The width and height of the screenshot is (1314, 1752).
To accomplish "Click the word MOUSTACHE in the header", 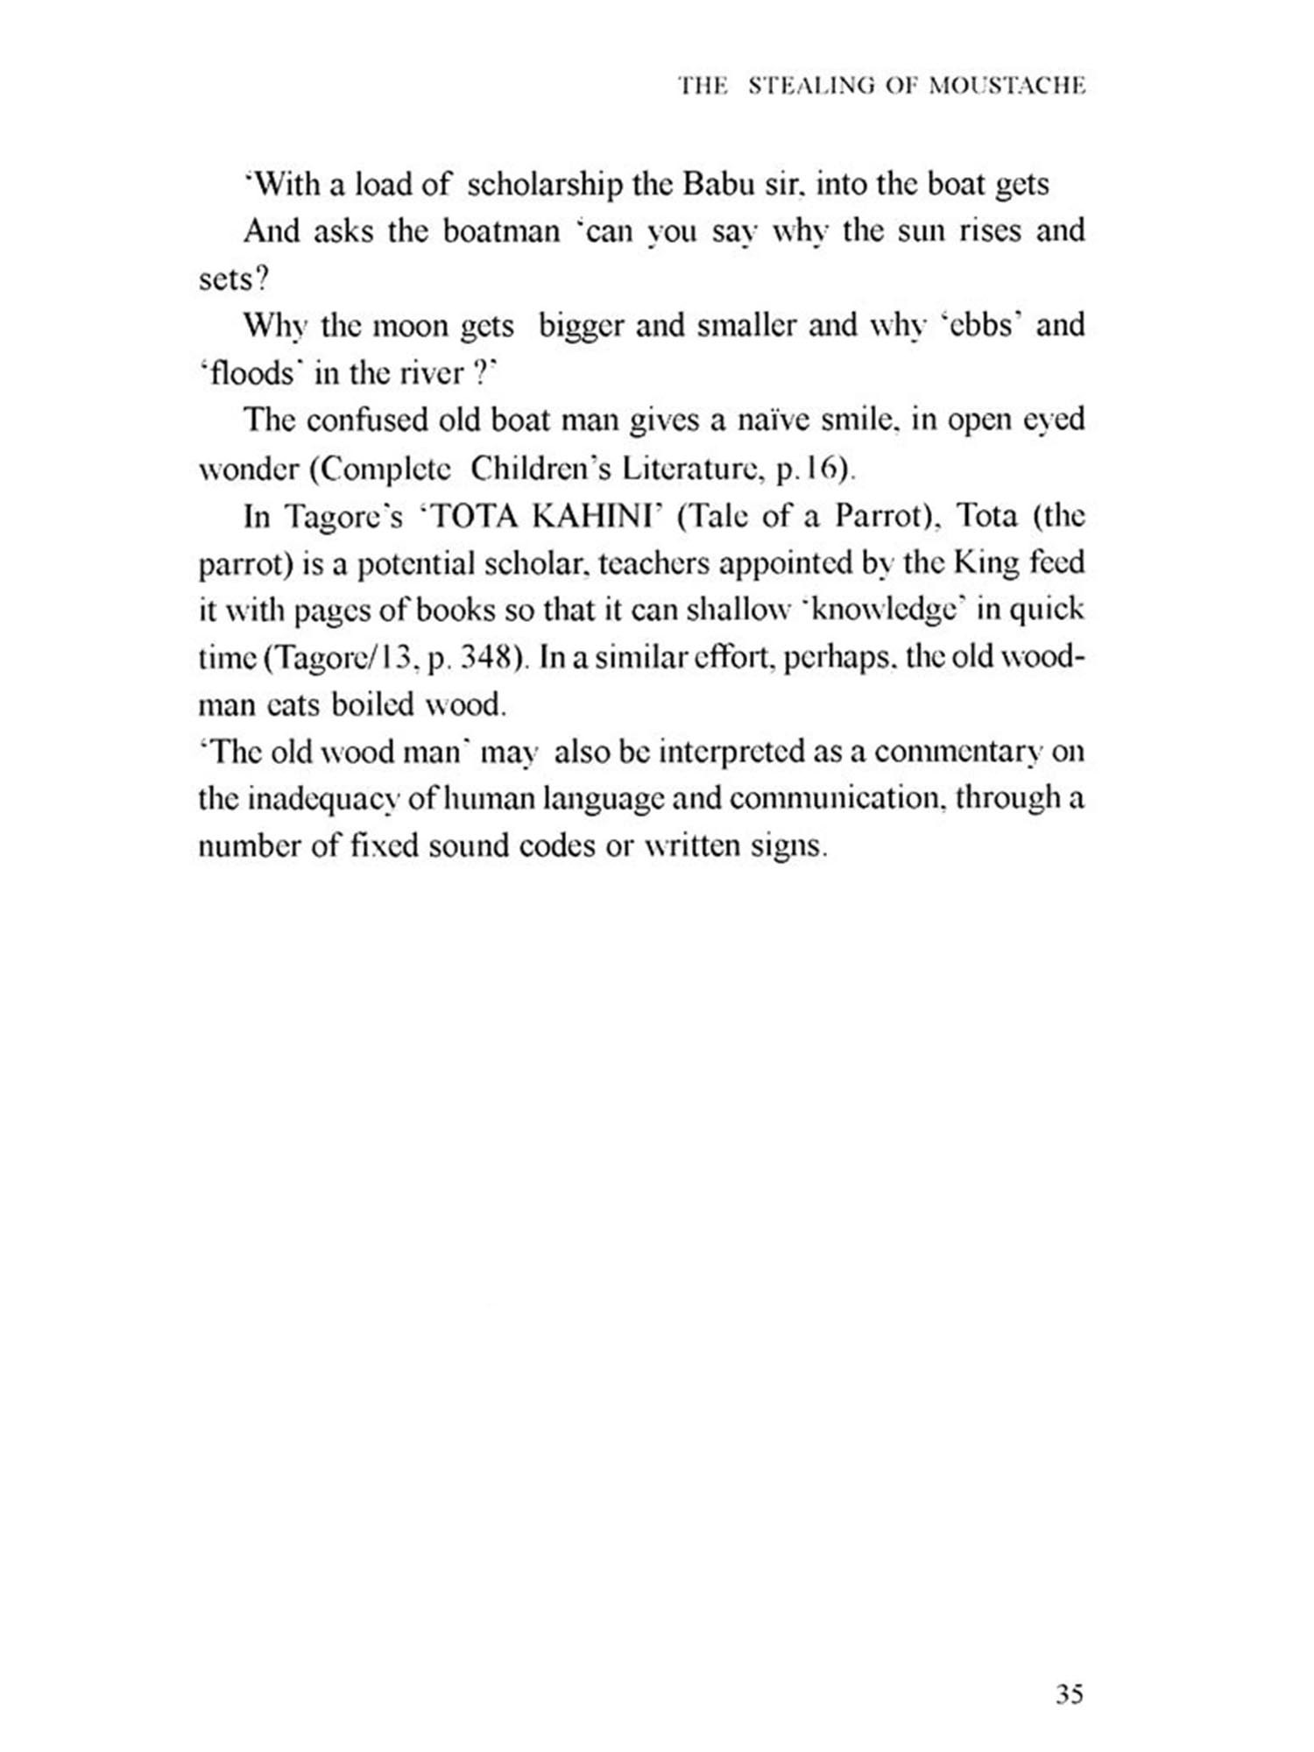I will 1007,86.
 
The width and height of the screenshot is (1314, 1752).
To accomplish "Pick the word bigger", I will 581,326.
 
